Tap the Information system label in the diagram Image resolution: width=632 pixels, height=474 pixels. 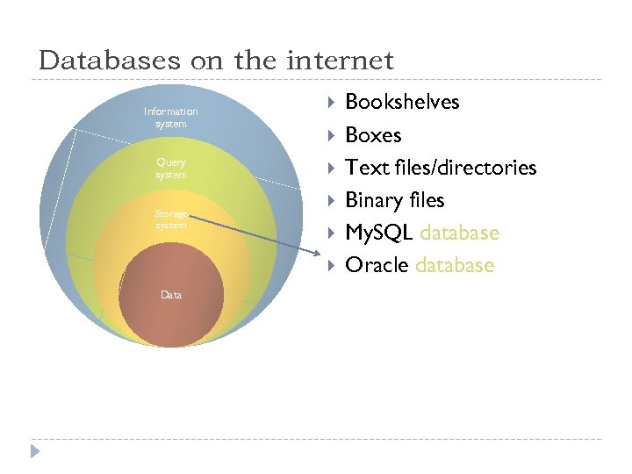click(x=171, y=118)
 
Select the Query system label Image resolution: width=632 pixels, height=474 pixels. click(x=171, y=169)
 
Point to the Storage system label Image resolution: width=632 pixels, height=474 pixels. click(x=171, y=219)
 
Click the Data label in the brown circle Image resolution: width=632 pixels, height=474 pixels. click(x=171, y=295)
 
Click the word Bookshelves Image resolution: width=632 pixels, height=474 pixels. click(x=402, y=102)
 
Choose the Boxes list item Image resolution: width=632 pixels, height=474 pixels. click(x=373, y=135)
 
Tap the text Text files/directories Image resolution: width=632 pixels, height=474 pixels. click(x=441, y=168)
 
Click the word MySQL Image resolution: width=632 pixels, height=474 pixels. click(x=379, y=233)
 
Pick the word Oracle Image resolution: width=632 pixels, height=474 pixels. click(x=377, y=265)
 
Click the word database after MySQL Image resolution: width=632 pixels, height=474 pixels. click(x=459, y=233)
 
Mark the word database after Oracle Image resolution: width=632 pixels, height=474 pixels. click(x=455, y=265)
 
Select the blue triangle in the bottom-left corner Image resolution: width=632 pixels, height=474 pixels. click(x=34, y=453)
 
